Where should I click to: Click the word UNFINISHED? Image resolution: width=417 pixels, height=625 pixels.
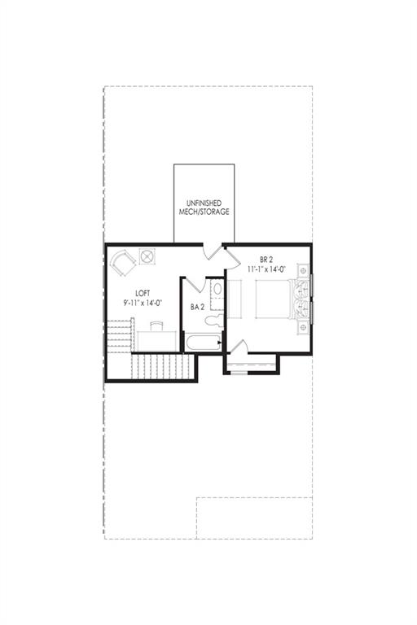click(x=204, y=203)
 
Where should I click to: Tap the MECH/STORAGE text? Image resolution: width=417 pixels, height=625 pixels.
click(x=204, y=212)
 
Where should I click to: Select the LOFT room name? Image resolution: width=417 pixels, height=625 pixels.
click(x=143, y=294)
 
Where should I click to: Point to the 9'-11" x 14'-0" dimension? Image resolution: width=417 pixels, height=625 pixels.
click(x=143, y=303)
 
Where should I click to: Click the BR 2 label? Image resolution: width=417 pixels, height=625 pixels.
click(x=266, y=260)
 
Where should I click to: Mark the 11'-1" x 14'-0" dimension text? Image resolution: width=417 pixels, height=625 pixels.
click(x=266, y=269)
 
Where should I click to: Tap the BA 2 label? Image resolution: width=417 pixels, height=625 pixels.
click(x=198, y=307)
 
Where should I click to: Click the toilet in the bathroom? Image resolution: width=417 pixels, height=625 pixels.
click(x=214, y=319)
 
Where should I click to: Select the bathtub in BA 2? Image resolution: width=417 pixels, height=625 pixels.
click(x=203, y=343)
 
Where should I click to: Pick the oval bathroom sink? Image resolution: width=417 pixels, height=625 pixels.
click(x=217, y=288)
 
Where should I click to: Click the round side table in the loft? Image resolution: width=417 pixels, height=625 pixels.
click(x=147, y=256)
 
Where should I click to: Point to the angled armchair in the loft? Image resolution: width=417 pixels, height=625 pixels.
click(x=123, y=262)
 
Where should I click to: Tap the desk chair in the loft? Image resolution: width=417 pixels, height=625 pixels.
click(x=157, y=326)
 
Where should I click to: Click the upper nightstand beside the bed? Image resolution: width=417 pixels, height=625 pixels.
click(x=303, y=270)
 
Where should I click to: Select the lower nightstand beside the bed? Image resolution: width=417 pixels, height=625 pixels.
click(x=303, y=327)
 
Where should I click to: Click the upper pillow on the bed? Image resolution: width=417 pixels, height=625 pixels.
click(x=300, y=289)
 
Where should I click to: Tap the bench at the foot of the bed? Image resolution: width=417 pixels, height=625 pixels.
click(x=235, y=299)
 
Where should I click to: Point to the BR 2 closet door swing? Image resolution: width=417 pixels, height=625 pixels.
click(x=239, y=347)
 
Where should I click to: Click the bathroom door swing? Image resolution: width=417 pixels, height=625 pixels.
click(x=195, y=284)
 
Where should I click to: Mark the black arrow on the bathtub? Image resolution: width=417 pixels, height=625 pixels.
click(x=219, y=343)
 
